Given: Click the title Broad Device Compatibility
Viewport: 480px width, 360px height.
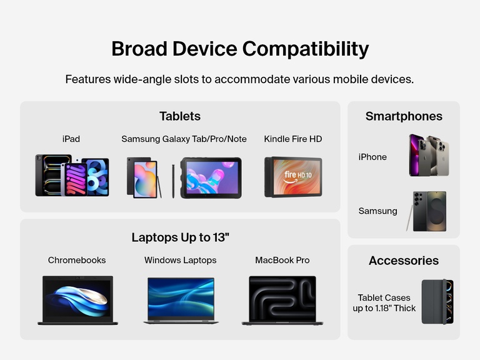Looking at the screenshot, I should point(240,49).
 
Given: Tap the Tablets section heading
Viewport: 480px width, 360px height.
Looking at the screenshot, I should point(180,116).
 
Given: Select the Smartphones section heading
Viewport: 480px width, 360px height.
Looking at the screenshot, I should point(404,116).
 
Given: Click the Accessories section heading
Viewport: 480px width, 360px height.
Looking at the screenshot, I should point(404,261).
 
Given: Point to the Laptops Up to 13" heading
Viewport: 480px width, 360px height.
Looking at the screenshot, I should point(180,237).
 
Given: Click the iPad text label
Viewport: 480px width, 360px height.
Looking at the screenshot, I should point(71,139).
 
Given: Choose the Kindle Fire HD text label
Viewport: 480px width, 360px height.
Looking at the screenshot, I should point(293,139).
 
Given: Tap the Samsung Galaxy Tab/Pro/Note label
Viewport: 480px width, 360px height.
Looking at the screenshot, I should point(184,139).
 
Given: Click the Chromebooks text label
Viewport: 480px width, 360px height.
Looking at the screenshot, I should point(77,260).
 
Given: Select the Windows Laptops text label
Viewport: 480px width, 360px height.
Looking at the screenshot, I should point(181,260).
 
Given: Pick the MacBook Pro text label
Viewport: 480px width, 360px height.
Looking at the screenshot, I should point(282,260).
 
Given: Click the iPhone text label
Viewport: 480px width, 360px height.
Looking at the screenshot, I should point(372,157).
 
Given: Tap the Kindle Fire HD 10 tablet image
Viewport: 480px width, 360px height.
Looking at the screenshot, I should point(293,177).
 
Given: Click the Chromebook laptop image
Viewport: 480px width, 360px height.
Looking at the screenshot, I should point(77,300).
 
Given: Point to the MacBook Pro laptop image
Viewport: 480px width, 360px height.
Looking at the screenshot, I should point(282,300).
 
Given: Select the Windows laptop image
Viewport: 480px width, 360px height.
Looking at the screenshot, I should point(181,300).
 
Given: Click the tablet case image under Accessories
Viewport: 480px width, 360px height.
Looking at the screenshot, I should point(437,301).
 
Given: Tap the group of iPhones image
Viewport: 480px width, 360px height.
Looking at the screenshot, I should point(429,155).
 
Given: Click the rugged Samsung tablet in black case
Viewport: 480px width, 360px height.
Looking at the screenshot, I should point(211,177).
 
